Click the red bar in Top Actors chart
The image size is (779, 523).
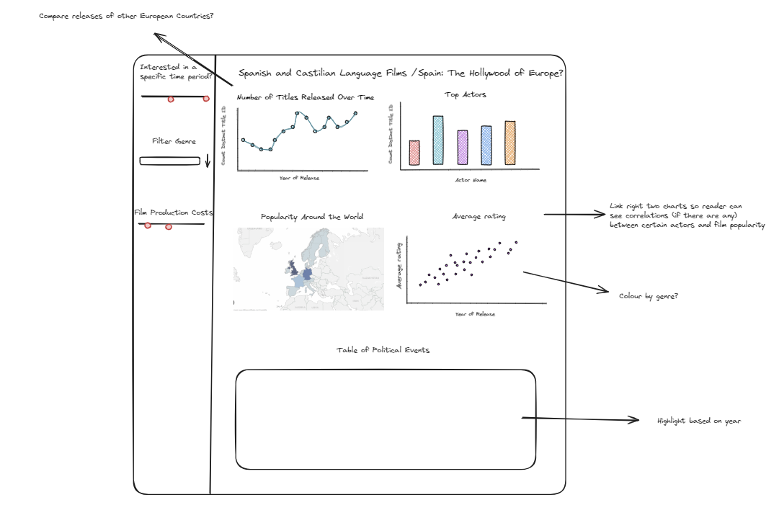414,152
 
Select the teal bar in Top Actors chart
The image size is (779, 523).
438,140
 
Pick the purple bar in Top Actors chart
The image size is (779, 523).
463,147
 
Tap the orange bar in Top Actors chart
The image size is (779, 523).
510,143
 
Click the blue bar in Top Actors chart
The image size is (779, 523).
486,145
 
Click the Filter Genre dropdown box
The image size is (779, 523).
169,161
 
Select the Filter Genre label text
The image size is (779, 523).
174,141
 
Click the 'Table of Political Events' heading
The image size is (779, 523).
383,350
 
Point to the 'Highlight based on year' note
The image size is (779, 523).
698,421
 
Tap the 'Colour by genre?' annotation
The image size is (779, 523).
649,296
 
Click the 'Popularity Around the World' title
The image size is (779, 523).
312,216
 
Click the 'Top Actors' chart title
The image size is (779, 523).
465,94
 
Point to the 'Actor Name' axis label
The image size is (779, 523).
470,180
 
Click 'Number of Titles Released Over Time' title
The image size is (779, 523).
306,97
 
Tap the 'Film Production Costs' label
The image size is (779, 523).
174,213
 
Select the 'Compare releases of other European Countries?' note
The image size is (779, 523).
126,16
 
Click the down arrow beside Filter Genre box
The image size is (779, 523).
208,161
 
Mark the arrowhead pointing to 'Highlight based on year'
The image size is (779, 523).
636,420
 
